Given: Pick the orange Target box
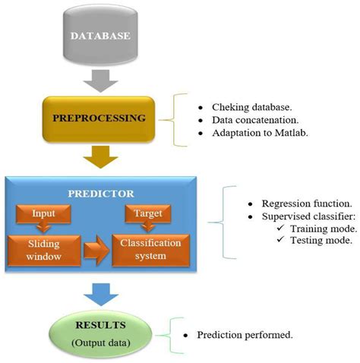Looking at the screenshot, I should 147,215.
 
